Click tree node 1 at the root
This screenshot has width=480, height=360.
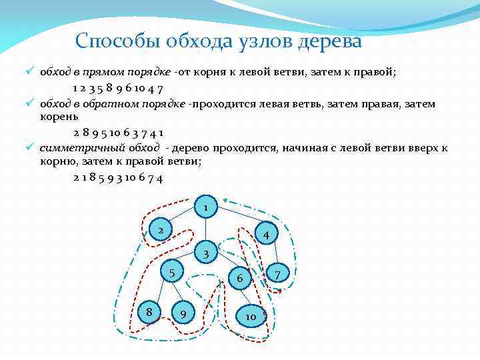pos(206,208)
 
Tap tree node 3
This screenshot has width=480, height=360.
pos(206,253)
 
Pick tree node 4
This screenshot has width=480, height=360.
pos(266,235)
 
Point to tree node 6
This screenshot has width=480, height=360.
pos(241,277)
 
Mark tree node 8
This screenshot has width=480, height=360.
pos(150,310)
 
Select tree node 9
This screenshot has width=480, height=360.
pos(183,312)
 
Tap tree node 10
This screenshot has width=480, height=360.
pos(251,316)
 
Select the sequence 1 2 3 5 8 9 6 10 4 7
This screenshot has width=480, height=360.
pos(119,89)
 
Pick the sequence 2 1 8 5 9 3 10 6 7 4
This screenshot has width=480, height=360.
pos(119,178)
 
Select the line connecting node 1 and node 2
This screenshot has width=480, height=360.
pos(183,219)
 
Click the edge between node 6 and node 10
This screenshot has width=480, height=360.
pos(246,297)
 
